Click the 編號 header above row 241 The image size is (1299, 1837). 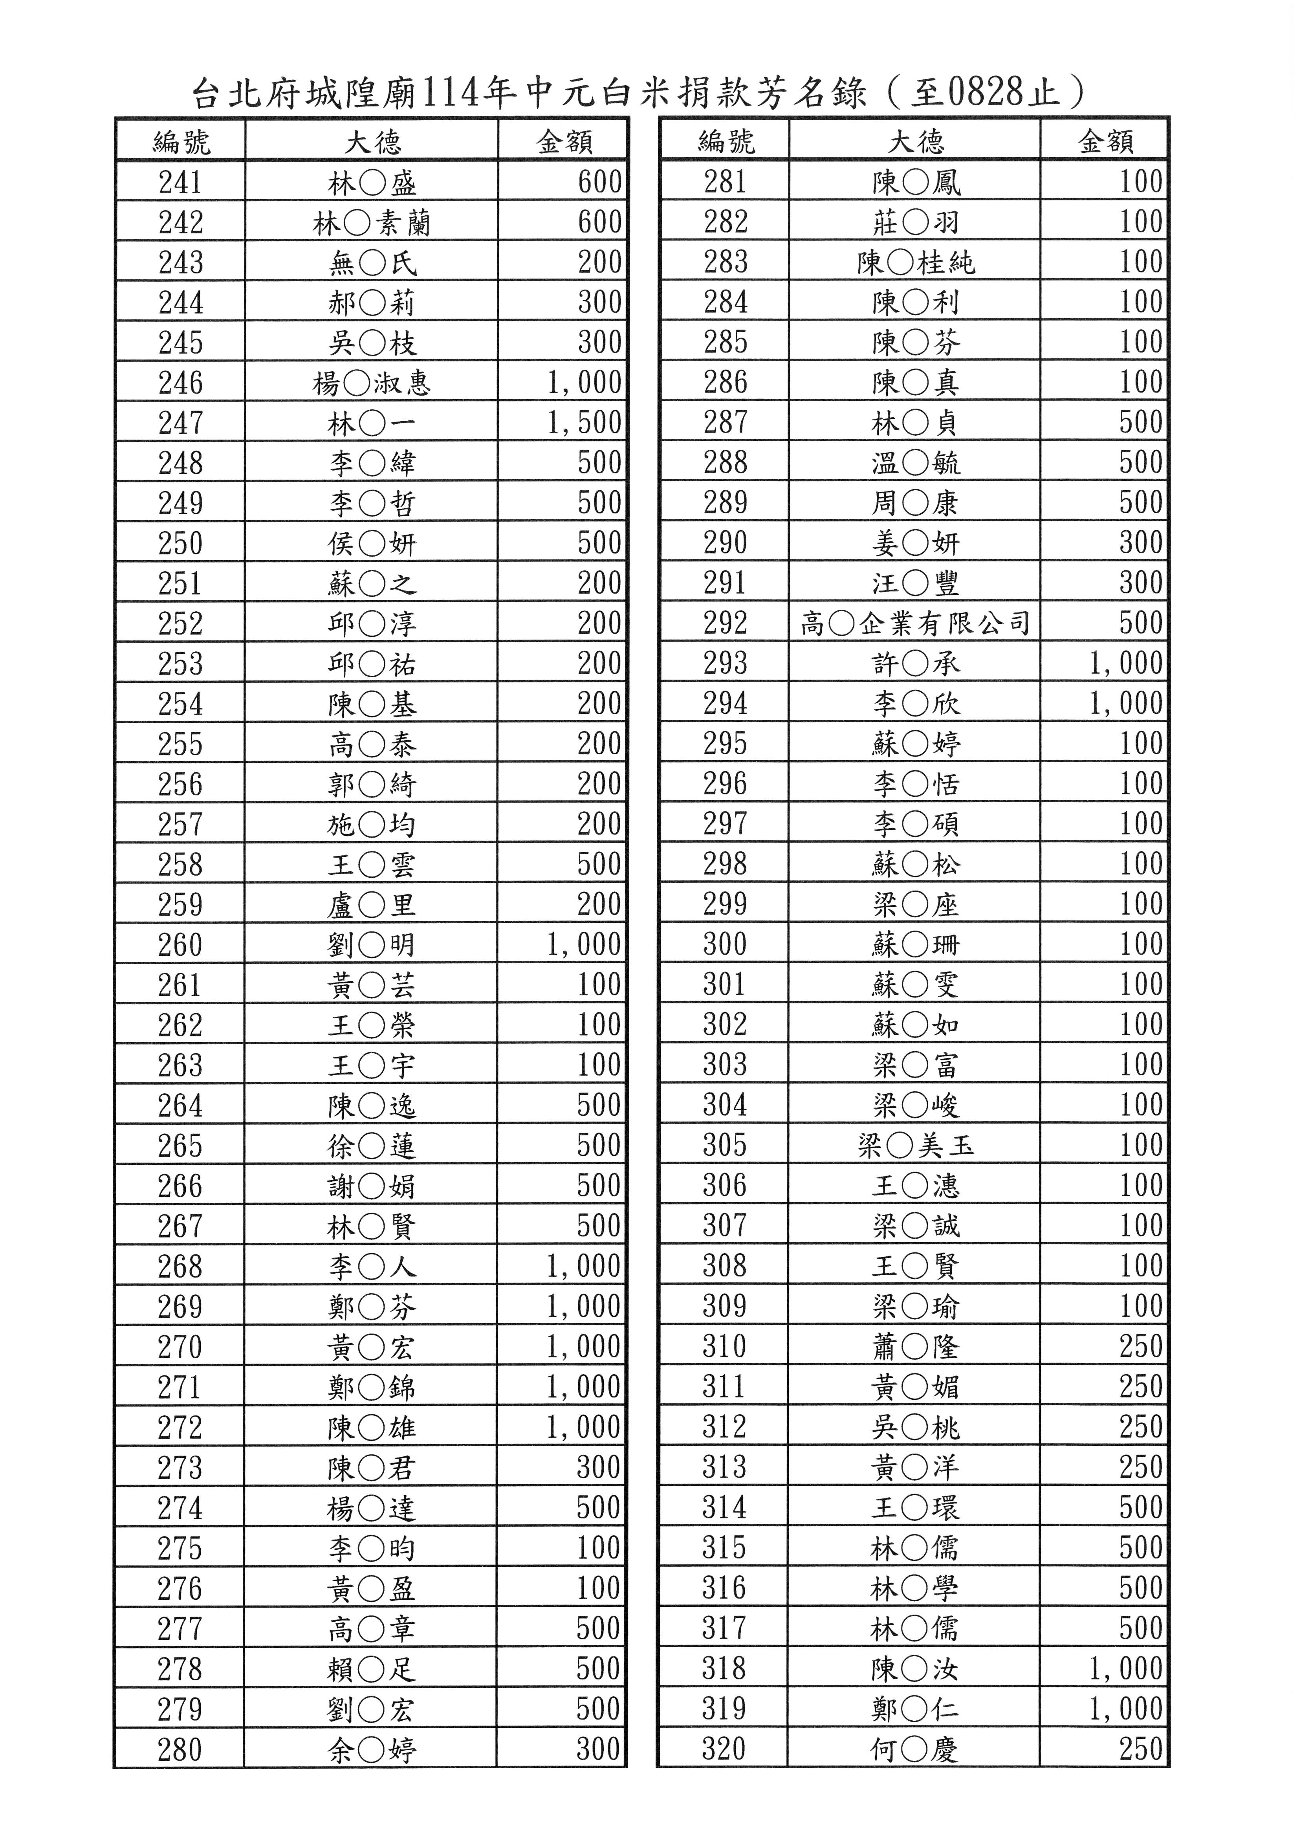(x=181, y=141)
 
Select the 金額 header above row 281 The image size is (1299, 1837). (x=1105, y=141)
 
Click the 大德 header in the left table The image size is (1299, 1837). (x=372, y=141)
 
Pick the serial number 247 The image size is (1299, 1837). (x=181, y=422)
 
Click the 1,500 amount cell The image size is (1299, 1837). (x=584, y=422)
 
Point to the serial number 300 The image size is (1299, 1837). (x=725, y=944)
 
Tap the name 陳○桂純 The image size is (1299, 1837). (x=915, y=262)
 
